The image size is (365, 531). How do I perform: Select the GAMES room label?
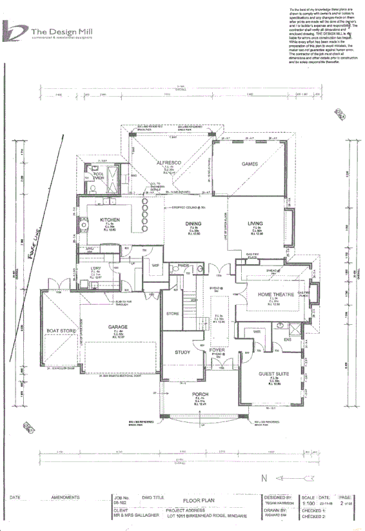[250, 164]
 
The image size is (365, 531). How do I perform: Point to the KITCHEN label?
[110, 220]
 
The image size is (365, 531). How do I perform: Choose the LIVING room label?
[255, 224]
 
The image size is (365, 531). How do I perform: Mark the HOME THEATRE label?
[275, 294]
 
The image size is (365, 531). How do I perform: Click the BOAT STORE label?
[60, 331]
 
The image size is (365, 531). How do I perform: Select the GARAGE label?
[118, 327]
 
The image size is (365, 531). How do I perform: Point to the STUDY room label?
[183, 352]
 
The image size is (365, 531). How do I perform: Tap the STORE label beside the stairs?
[172, 314]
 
